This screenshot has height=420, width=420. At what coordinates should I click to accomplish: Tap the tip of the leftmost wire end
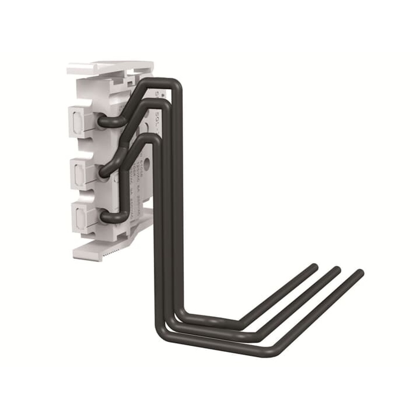313,266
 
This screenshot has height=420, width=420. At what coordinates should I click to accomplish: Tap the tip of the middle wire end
337,269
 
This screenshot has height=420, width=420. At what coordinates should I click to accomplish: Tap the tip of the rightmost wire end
360,272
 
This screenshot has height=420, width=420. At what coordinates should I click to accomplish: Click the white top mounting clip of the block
109,67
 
